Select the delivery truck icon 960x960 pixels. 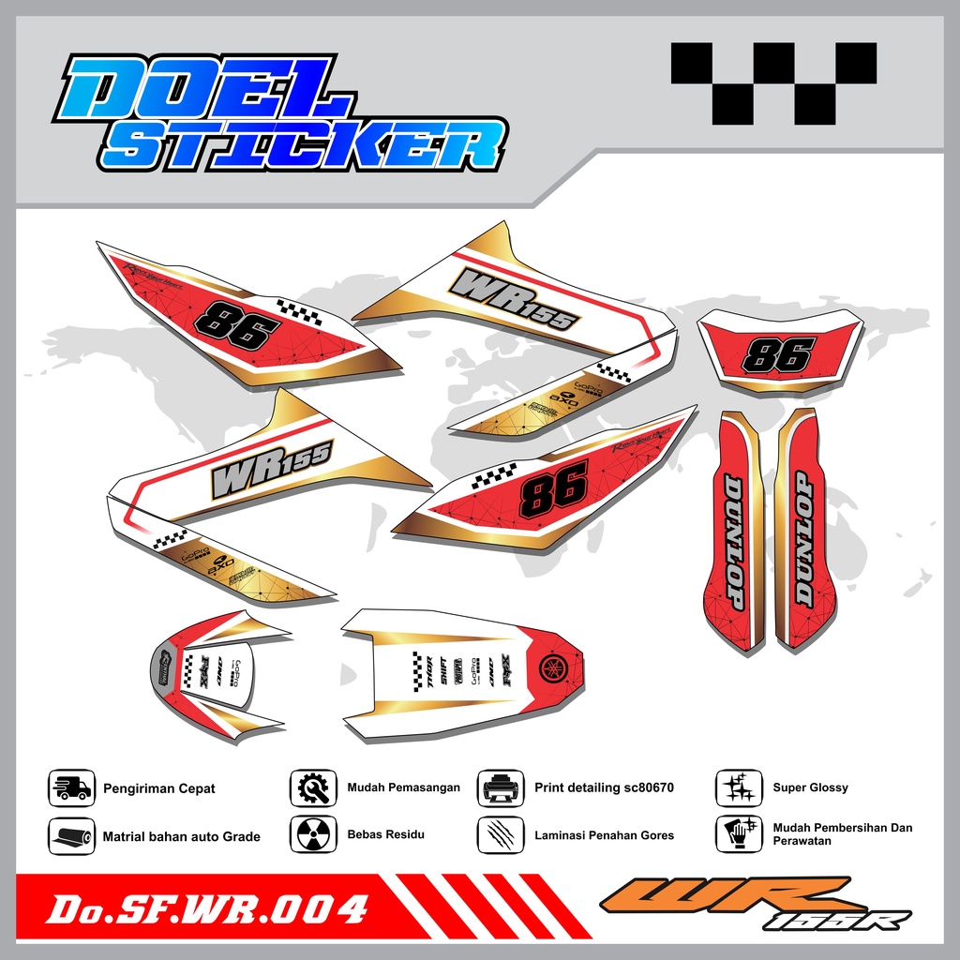pyautogui.click(x=72, y=787)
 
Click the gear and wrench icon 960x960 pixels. pyautogui.click(x=313, y=787)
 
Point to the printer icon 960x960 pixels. pyautogui.click(x=501, y=787)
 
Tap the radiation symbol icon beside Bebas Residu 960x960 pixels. pyautogui.click(x=313, y=834)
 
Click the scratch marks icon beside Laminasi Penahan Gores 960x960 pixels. pyautogui.click(x=501, y=834)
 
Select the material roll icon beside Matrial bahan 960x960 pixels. pyautogui.click(x=72, y=835)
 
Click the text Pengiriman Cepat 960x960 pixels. pyautogui.click(x=158, y=788)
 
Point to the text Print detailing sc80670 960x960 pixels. pyautogui.click(x=604, y=787)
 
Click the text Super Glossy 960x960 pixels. pyautogui.click(x=810, y=787)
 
